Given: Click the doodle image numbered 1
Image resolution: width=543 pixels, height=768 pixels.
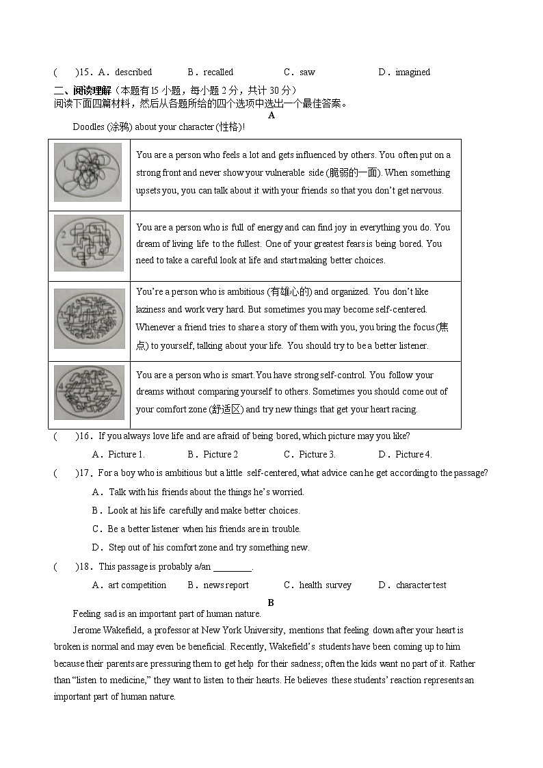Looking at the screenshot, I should (x=88, y=172).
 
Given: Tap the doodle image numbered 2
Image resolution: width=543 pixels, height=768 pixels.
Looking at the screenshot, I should (x=89, y=243).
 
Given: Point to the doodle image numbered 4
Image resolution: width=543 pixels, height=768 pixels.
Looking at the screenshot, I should (x=89, y=392).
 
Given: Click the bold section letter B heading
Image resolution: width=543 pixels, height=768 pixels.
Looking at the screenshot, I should (x=271, y=603).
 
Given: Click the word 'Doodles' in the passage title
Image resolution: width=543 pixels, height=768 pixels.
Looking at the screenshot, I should (x=88, y=127).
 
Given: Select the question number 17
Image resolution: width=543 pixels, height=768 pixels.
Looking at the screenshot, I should (x=85, y=473).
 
